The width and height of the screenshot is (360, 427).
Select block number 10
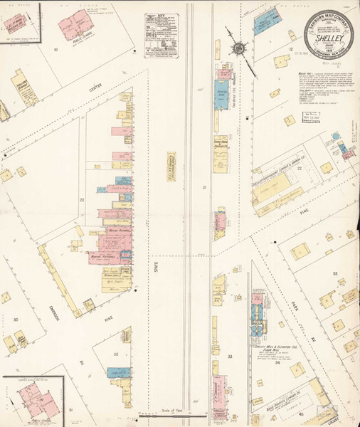tap(55, 50)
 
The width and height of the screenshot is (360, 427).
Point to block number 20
tap(82, 201)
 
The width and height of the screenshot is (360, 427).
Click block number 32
tap(115, 353)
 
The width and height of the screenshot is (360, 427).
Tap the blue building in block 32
tap(116, 372)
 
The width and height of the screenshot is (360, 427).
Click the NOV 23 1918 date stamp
tap(310, 118)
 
